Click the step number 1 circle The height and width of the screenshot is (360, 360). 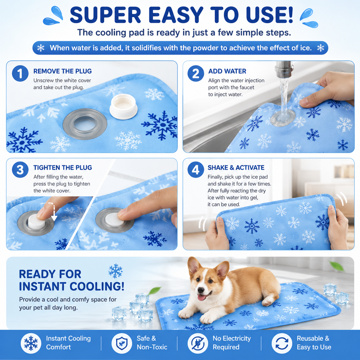tap(20, 73)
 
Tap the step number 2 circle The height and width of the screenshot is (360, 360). tap(196, 73)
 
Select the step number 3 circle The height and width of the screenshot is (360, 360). tap(20, 170)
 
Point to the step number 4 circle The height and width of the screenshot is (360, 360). tap(196, 170)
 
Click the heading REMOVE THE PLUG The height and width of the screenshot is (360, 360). tap(62, 71)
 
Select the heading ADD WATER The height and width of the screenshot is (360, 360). tap(227, 71)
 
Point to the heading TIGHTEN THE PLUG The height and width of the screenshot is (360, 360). tap(63, 168)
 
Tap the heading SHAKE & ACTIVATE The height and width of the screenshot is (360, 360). tap(236, 168)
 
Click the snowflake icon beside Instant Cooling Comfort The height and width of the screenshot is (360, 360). tap(31, 343)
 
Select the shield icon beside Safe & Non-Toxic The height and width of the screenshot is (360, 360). tap(122, 343)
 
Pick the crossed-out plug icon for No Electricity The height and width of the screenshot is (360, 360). tap(198, 343)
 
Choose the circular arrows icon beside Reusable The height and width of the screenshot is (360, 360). tap(282, 343)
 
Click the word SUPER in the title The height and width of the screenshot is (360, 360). tap(105, 15)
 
